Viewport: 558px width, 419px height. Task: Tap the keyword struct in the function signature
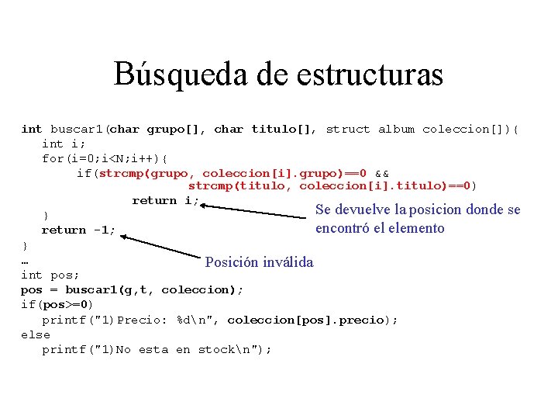(347, 129)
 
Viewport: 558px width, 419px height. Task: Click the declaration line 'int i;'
(64, 144)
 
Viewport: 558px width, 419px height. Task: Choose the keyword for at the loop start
(52, 158)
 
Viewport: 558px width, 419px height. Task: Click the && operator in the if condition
(382, 173)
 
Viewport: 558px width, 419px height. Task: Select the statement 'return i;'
(165, 200)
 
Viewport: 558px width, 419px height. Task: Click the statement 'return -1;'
(78, 230)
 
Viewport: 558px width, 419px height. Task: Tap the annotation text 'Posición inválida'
(259, 262)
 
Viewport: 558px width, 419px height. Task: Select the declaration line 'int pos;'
(49, 275)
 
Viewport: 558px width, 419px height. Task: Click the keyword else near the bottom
(35, 334)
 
